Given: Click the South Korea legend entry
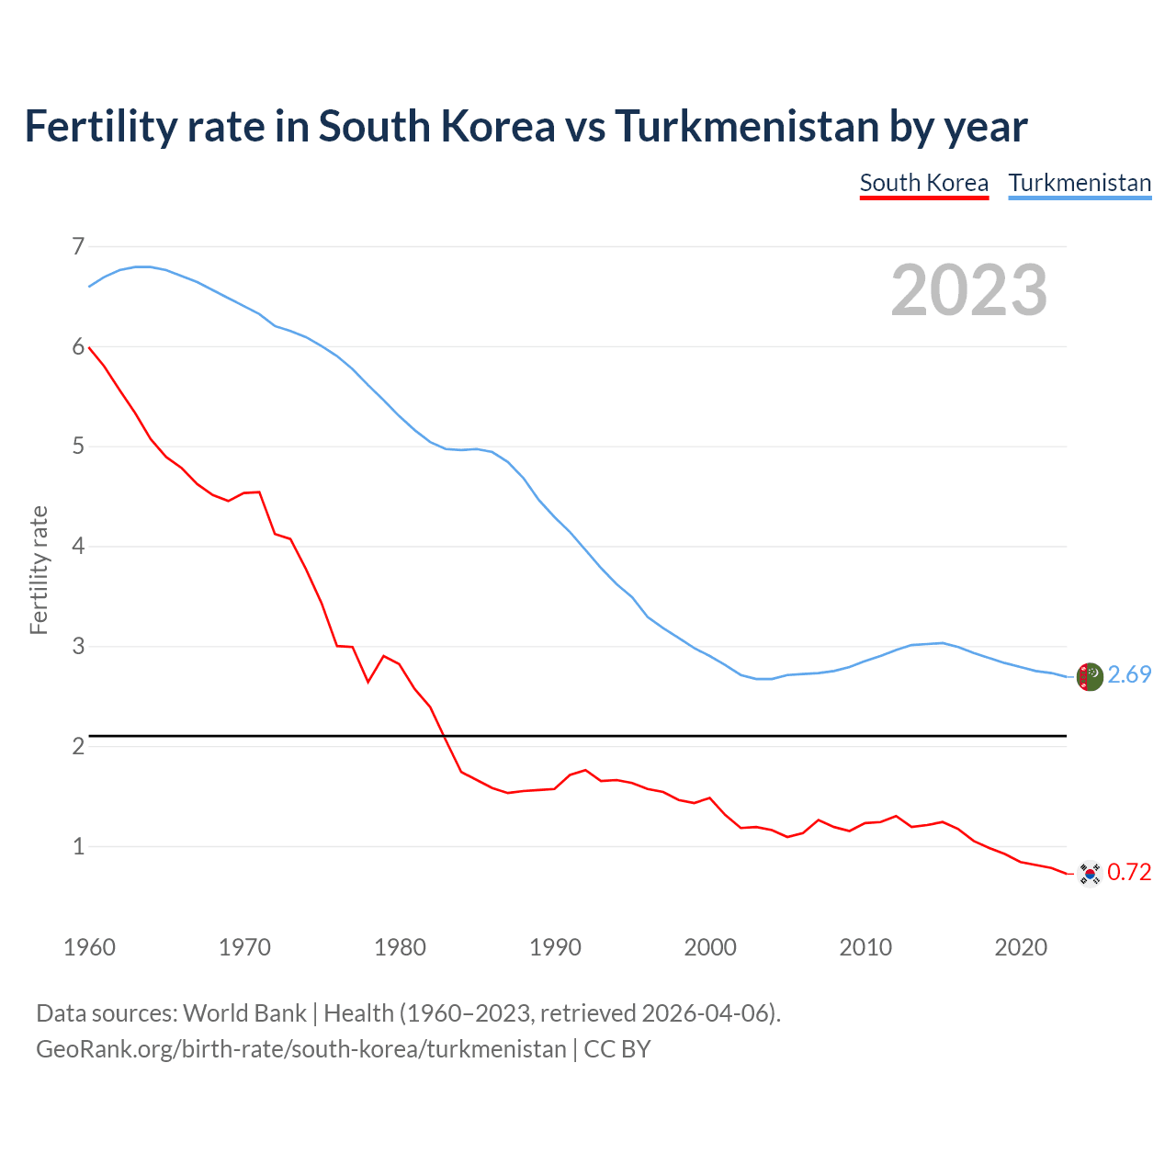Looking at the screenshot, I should point(923,183).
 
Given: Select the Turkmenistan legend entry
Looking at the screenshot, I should point(1080,183).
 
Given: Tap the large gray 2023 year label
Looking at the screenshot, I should point(969,290).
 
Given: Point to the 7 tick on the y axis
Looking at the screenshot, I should point(78,246).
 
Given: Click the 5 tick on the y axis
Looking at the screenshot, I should point(78,447).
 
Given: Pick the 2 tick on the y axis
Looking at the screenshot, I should point(78,746).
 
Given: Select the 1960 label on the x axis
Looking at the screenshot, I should point(89,947).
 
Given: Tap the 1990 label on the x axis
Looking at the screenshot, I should point(555,947).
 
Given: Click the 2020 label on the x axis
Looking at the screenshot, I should point(1021,947).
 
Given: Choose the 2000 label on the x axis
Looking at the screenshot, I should point(710,947).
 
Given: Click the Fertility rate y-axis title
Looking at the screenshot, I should point(39,570).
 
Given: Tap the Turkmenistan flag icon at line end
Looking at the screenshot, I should point(1090,676).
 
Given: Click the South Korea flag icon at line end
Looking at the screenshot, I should point(1090,873).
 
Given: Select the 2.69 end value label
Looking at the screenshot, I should point(1129,675).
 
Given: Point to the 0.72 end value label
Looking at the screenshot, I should point(1129,873).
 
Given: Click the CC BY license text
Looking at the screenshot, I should point(617,1049).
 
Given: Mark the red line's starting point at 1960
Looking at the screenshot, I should point(89,347).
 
